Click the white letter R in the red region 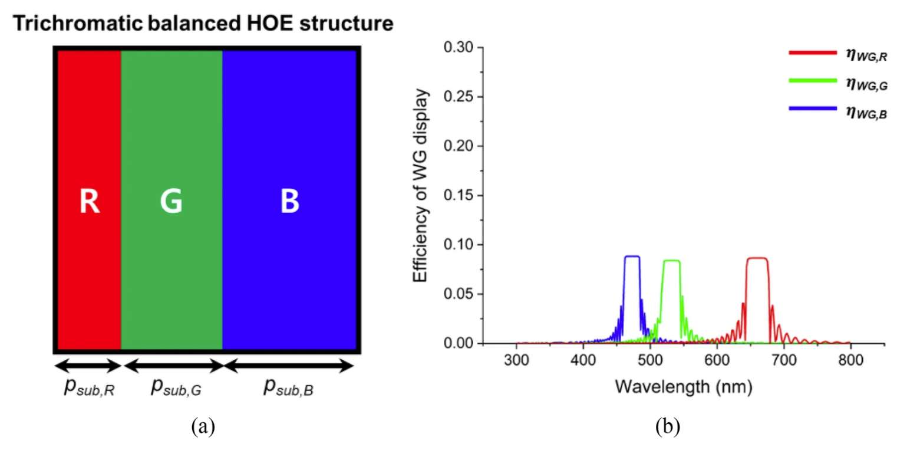(x=89, y=202)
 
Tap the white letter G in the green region (x=171, y=202)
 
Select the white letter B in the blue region (x=289, y=202)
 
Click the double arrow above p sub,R (x=88, y=366)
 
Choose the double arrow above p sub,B (x=289, y=366)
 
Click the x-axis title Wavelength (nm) (x=684, y=387)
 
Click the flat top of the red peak (x=757, y=258)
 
